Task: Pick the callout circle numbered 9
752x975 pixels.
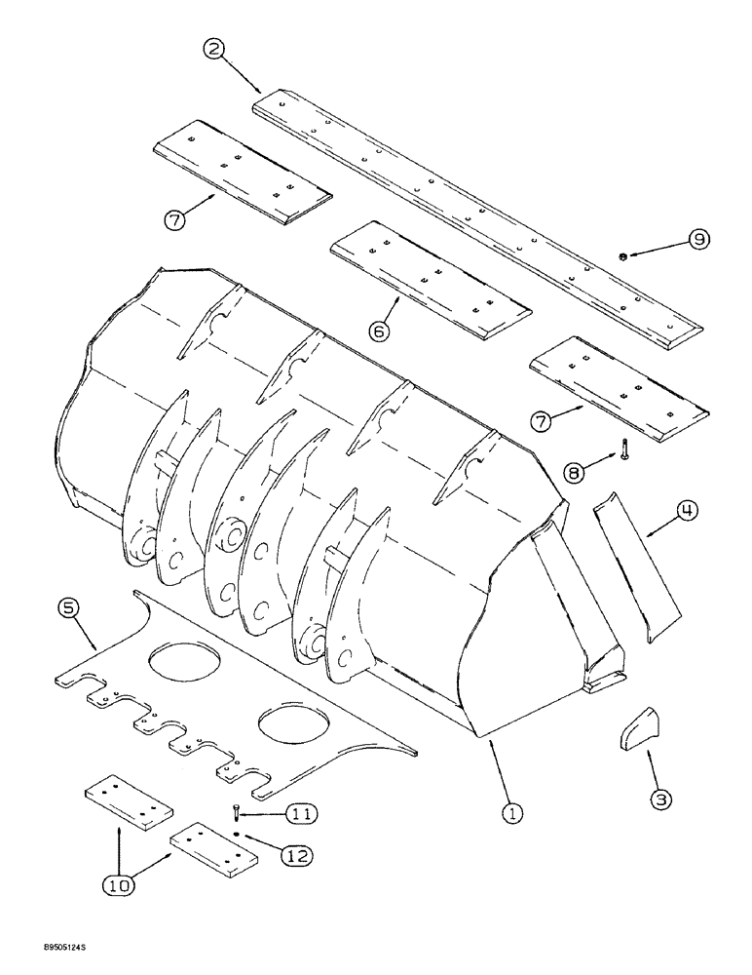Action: pos(700,239)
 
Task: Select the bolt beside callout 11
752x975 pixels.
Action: pos(236,811)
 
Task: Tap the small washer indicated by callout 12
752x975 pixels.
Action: pos(237,835)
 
